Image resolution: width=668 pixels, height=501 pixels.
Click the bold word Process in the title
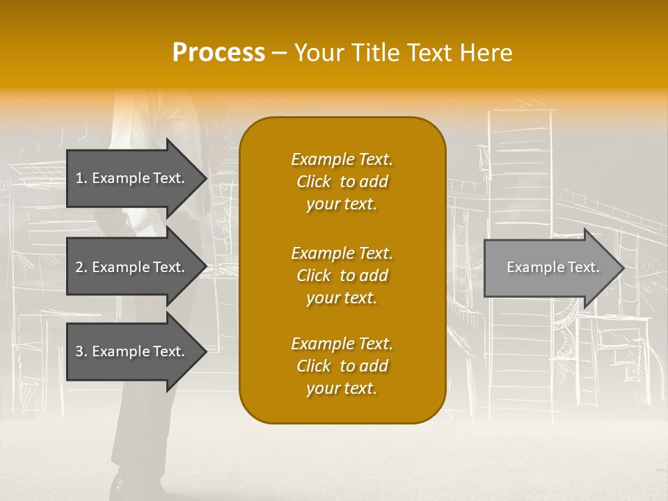tap(218, 53)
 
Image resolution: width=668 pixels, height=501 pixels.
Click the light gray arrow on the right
tap(550, 268)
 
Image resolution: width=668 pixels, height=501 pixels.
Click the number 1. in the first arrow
tap(81, 178)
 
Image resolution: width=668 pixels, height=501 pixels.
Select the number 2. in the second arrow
tap(81, 267)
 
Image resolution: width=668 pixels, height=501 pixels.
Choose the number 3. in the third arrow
tap(81, 351)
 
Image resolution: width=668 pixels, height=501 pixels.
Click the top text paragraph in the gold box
tap(342, 182)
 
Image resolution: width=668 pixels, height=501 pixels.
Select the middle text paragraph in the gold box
tap(342, 276)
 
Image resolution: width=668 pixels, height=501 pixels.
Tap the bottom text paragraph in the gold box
tap(342, 366)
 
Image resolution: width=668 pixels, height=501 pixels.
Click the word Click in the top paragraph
tap(314, 182)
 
